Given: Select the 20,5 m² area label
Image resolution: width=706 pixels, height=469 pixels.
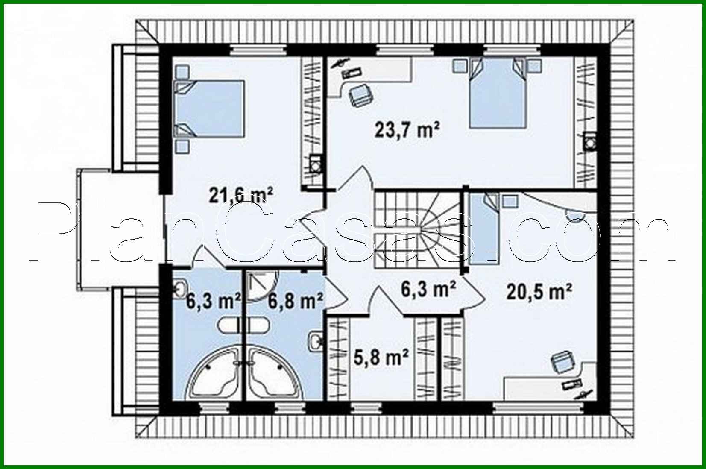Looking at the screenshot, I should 539,293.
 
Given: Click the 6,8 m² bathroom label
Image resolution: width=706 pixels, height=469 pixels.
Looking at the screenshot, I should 295,302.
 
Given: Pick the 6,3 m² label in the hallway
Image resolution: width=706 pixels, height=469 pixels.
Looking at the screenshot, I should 428,289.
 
